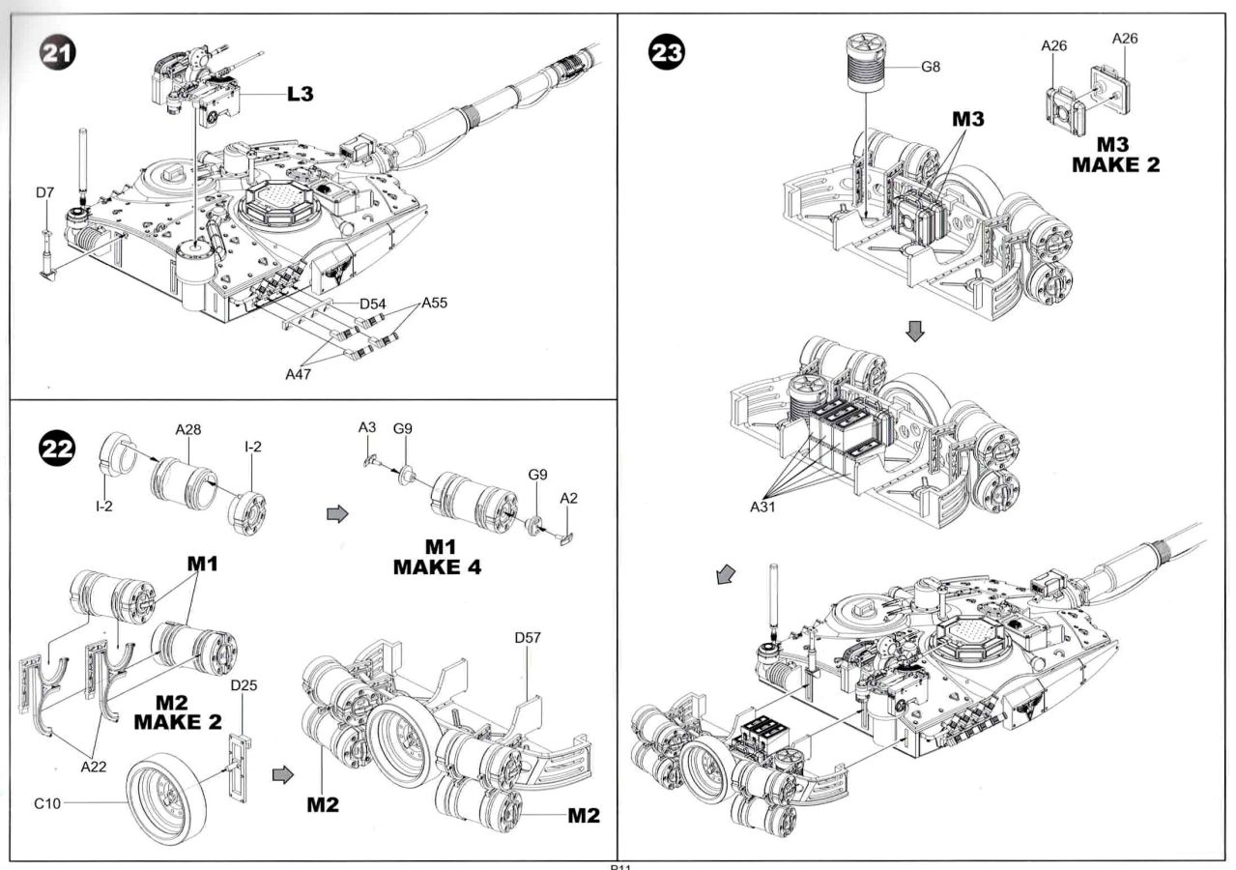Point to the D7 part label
click(44, 193)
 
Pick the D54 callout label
click(373, 304)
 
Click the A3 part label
click(367, 426)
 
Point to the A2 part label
click(568, 497)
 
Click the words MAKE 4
click(437, 566)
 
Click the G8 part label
click(930, 69)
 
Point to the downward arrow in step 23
click(915, 332)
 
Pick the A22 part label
click(93, 765)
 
